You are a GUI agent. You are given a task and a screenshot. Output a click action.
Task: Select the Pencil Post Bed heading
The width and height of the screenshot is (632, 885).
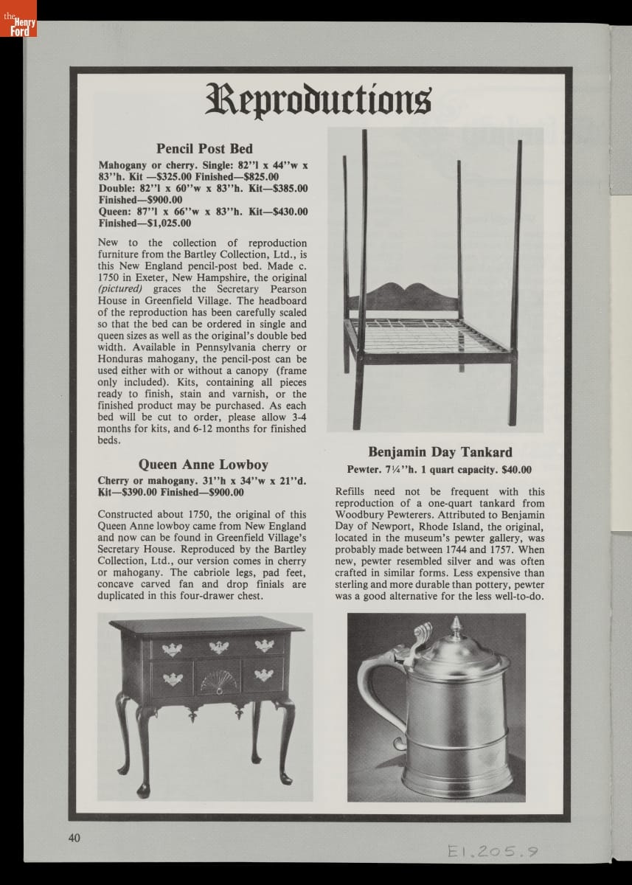(204, 149)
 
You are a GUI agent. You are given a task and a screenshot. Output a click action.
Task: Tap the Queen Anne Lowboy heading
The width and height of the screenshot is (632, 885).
(203, 465)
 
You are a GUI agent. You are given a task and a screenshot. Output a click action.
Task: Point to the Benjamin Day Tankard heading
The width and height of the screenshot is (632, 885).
(440, 452)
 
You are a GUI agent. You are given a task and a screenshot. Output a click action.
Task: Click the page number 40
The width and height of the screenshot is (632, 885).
(74, 837)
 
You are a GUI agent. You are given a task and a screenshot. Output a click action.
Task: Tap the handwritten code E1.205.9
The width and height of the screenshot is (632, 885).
(491, 852)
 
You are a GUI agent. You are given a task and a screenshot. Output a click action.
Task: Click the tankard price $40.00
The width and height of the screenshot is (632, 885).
(516, 470)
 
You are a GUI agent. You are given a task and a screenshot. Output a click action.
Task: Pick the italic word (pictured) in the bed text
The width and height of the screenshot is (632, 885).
(120, 289)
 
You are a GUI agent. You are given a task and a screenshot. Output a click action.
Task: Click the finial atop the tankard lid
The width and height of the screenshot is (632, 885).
(456, 627)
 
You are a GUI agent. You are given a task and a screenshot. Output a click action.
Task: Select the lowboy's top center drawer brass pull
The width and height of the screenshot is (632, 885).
(218, 648)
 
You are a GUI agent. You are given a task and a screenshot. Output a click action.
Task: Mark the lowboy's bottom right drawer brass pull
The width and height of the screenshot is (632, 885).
(263, 674)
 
